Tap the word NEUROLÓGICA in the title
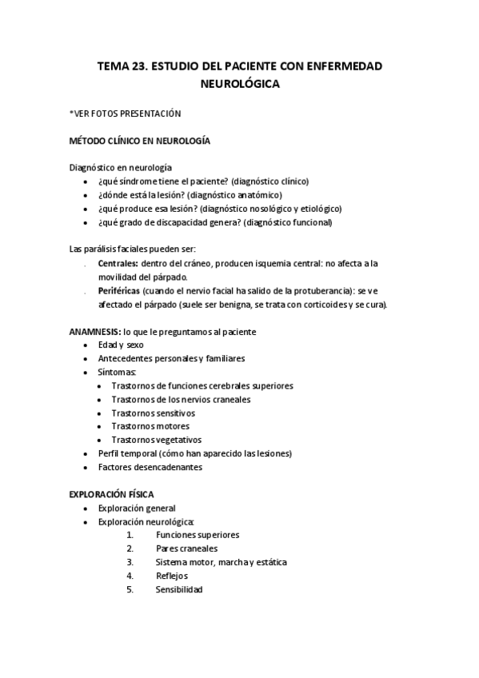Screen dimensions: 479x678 pyautogui.click(x=239, y=83)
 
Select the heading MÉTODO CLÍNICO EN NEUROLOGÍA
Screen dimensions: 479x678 pyautogui.click(x=140, y=141)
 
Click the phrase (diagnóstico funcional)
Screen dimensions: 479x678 pyautogui.click(x=289, y=222)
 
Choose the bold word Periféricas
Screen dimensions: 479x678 pyautogui.click(x=120, y=291)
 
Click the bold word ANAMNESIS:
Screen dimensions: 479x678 pyautogui.click(x=95, y=331)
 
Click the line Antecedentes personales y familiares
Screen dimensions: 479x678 pyautogui.click(x=171, y=358)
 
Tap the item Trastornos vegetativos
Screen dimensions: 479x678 pyautogui.click(x=157, y=440)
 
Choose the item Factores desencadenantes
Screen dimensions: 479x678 pyautogui.click(x=150, y=467)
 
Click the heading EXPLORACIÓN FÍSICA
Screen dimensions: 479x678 pyautogui.click(x=111, y=494)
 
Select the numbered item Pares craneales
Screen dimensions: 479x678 pyautogui.click(x=186, y=548)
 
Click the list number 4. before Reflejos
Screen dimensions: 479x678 pyautogui.click(x=129, y=576)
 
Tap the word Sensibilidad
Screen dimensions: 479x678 pyautogui.click(x=179, y=589)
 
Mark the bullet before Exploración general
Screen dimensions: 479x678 pyautogui.click(x=86, y=508)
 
